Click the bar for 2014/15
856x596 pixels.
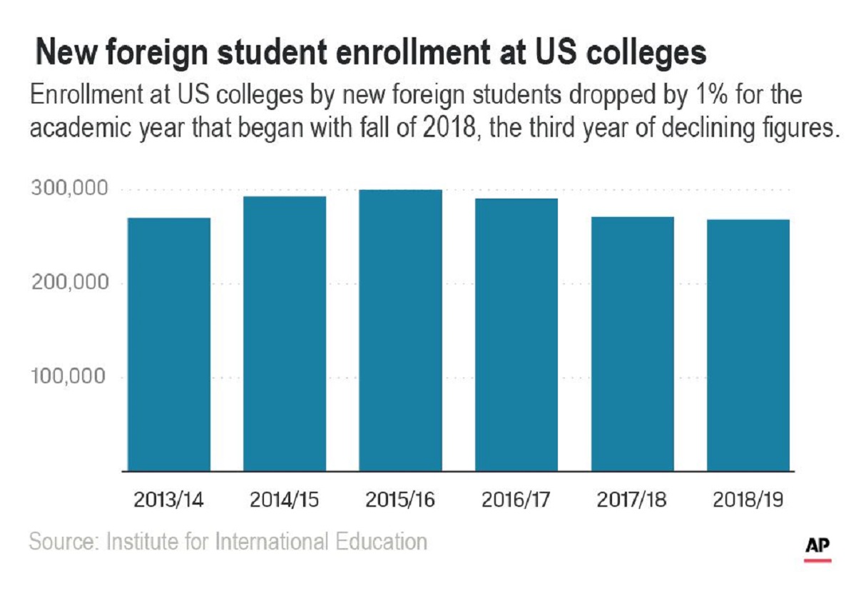(x=285, y=333)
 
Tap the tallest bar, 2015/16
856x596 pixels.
(x=400, y=330)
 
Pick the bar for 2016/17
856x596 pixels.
(x=516, y=335)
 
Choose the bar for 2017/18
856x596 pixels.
(x=632, y=343)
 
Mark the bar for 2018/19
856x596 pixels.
(x=748, y=345)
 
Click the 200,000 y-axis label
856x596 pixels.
(x=69, y=283)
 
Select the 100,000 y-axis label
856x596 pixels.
(x=69, y=377)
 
